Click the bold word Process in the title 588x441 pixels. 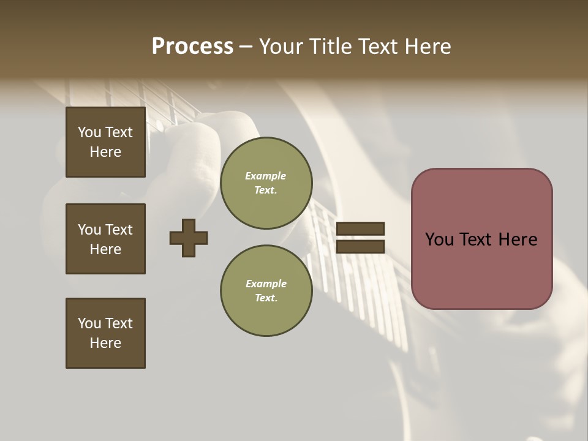(x=192, y=47)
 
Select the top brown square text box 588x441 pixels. (x=105, y=142)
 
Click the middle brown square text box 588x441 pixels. (x=105, y=239)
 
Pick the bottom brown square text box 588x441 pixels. (x=105, y=333)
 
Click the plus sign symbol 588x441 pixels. (x=189, y=238)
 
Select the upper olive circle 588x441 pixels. (x=266, y=183)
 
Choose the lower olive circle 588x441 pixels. (x=266, y=290)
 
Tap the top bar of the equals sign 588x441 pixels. (x=361, y=228)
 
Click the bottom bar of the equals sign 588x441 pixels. (x=361, y=246)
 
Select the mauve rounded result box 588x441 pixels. (x=481, y=239)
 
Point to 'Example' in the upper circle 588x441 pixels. (x=266, y=176)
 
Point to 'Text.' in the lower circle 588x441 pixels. (x=266, y=298)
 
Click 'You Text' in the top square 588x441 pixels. (x=105, y=132)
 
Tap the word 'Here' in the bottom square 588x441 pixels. (x=105, y=343)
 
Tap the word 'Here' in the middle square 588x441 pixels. (x=105, y=249)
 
